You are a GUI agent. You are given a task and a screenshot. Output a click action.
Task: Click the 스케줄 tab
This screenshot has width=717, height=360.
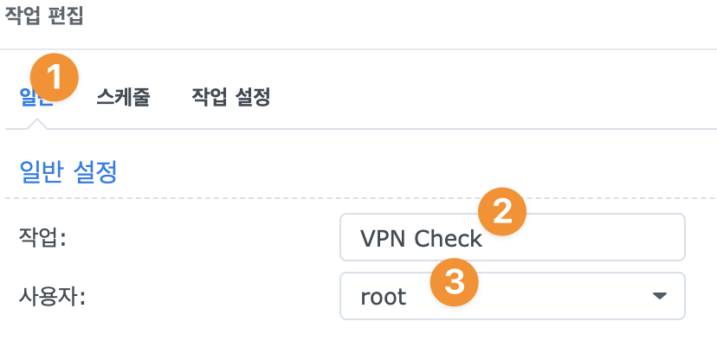(123, 98)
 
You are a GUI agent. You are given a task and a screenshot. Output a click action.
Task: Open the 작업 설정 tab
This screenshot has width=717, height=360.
(230, 98)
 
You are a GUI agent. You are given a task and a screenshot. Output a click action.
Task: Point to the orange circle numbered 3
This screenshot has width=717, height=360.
(455, 280)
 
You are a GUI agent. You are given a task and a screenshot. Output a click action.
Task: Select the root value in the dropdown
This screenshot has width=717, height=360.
(384, 297)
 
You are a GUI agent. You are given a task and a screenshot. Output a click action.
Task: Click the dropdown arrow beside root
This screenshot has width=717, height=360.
(659, 296)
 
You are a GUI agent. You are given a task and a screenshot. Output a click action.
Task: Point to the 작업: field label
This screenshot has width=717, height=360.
(42, 238)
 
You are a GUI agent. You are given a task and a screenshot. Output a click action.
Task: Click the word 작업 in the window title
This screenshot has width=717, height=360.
(24, 17)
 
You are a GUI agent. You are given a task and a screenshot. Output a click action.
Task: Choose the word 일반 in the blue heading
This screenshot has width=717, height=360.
(42, 171)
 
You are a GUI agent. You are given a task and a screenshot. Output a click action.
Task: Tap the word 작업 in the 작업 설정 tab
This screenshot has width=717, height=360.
(208, 98)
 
